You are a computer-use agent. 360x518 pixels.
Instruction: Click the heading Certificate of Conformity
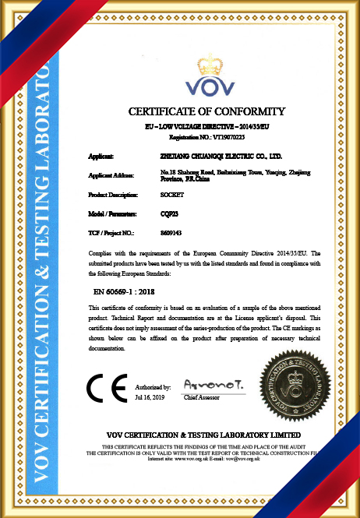(206, 111)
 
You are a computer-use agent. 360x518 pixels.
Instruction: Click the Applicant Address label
(112, 175)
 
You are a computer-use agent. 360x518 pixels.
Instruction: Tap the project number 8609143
(171, 232)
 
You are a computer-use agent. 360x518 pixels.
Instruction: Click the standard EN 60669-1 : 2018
(132, 290)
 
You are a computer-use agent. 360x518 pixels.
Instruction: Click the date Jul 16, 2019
(150, 397)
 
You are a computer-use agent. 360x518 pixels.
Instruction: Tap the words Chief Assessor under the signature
(202, 397)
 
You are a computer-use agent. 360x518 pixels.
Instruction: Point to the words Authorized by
(153, 387)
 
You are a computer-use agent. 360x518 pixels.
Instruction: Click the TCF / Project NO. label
(112, 232)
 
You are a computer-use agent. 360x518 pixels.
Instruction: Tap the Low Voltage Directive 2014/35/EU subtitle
(206, 125)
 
